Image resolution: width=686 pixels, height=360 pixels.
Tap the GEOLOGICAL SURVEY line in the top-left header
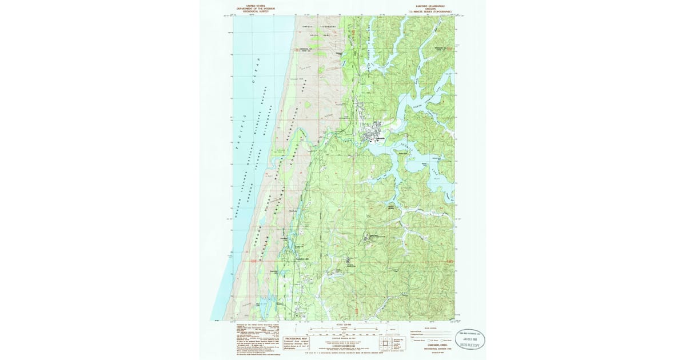tap(252, 11)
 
